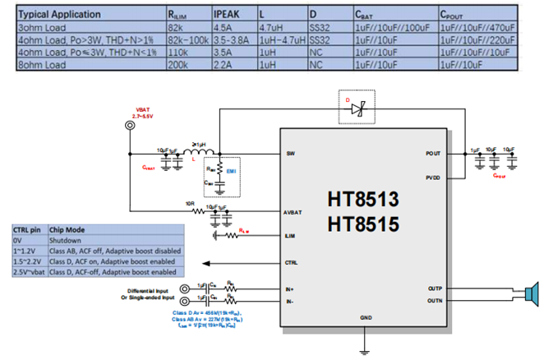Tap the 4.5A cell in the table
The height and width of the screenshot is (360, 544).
coord(224,27)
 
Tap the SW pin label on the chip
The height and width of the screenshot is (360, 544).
coord(291,154)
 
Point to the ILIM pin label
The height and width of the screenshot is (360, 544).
coord(291,235)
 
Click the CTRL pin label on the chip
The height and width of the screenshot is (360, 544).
coord(292,264)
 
